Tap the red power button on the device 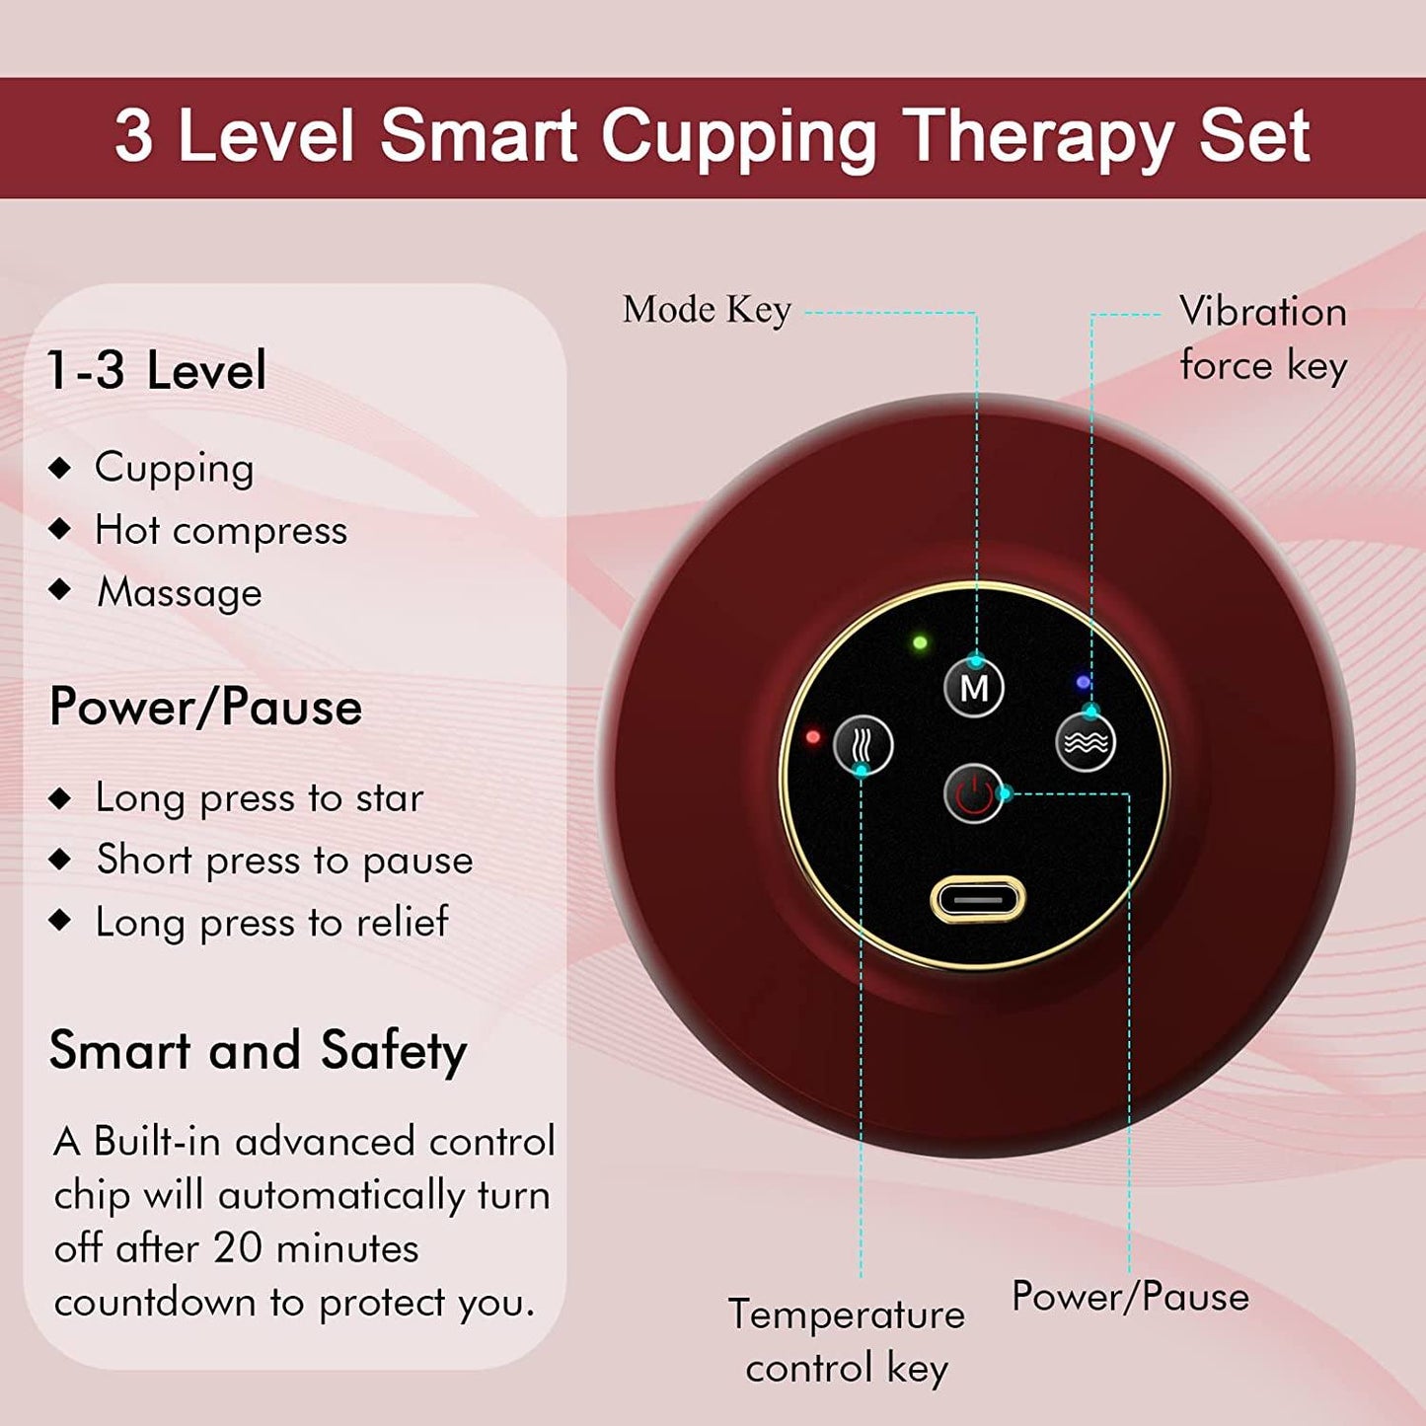(x=974, y=792)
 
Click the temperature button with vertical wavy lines (x=863, y=745)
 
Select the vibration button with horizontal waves (x=1086, y=742)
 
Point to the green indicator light (x=920, y=643)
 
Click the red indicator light (x=813, y=737)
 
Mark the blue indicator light (x=1084, y=682)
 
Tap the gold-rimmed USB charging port (x=978, y=900)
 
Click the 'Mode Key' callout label (x=707, y=310)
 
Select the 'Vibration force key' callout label (x=1263, y=338)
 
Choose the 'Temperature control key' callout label (x=847, y=1341)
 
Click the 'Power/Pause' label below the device (x=1130, y=1297)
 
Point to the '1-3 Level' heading (x=157, y=371)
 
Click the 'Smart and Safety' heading (x=258, y=1050)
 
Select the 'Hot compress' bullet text (x=221, y=531)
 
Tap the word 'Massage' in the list (x=180, y=593)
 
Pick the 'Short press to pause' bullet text (x=284, y=861)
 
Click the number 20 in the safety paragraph (x=238, y=1248)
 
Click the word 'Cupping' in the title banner (x=739, y=136)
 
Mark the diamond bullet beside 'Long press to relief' (x=60, y=921)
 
